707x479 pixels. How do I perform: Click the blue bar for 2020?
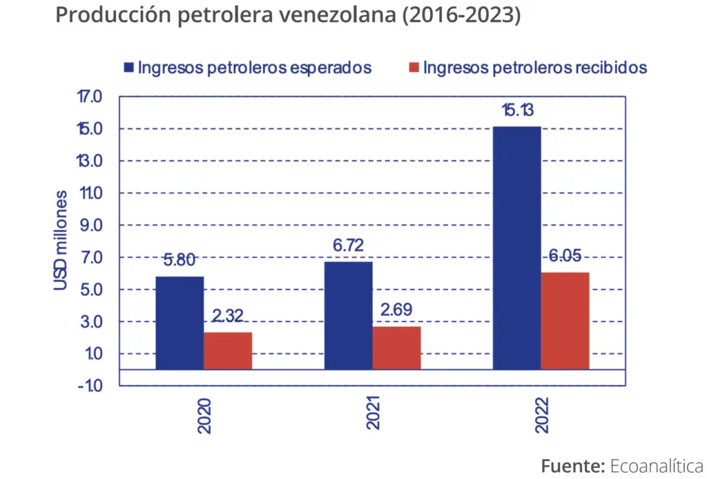tap(180, 323)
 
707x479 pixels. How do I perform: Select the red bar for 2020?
tap(228, 350)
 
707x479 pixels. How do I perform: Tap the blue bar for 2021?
tap(349, 315)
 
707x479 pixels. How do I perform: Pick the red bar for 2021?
tap(396, 348)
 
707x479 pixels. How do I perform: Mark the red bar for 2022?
tap(565, 321)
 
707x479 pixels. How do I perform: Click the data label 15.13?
tap(518, 111)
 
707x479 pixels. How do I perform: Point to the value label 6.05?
tap(566, 256)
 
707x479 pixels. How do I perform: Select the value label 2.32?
tap(228, 317)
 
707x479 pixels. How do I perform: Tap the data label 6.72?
tap(348, 245)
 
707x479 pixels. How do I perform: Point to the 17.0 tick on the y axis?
tap(89, 97)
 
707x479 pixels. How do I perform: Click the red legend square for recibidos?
tap(414, 68)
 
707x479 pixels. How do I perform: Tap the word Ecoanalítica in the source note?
tap(657, 465)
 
